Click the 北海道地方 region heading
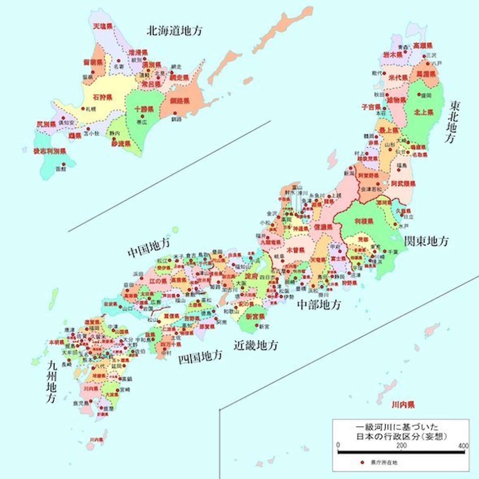(174, 31)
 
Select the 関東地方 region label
(426, 241)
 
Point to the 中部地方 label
(319, 304)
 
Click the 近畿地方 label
(255, 345)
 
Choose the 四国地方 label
(200, 357)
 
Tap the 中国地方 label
(149, 248)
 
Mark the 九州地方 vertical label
(52, 382)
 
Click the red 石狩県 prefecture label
(102, 97)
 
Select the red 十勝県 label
(144, 109)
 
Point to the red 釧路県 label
(180, 101)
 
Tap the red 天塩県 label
(102, 26)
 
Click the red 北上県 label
(423, 112)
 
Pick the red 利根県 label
(364, 221)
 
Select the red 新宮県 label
(255, 317)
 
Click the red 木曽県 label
(296, 250)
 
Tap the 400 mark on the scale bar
(463, 445)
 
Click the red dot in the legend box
(362, 462)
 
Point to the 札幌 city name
(91, 109)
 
